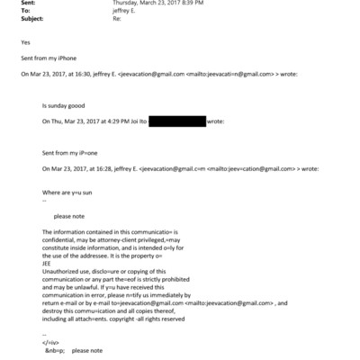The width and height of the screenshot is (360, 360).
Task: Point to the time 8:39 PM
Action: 196,4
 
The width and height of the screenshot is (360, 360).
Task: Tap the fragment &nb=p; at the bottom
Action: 55,350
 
